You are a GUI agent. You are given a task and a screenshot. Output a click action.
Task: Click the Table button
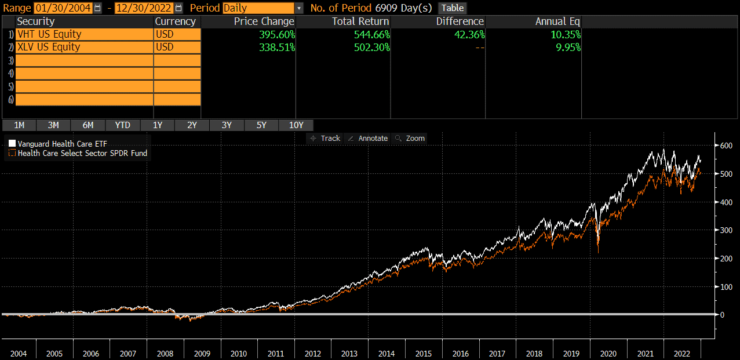point(453,8)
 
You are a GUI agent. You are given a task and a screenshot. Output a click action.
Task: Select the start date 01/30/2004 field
point(63,8)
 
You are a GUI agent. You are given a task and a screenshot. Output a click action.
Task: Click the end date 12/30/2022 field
point(144,8)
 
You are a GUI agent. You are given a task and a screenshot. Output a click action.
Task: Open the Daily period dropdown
point(298,8)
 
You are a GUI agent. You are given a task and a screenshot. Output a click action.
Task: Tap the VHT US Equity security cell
point(84,34)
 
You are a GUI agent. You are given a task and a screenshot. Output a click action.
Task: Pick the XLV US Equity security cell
point(84,47)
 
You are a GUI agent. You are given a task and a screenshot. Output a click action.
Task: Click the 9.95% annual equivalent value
point(567,47)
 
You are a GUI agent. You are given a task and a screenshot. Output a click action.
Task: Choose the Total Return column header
point(360,21)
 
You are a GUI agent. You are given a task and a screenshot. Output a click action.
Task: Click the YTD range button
point(122,125)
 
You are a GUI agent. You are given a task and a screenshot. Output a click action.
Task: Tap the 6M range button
point(88,125)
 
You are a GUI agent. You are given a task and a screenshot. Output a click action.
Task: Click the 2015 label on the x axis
point(424,354)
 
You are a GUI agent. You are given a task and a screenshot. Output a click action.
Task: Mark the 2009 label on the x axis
point(202,354)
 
